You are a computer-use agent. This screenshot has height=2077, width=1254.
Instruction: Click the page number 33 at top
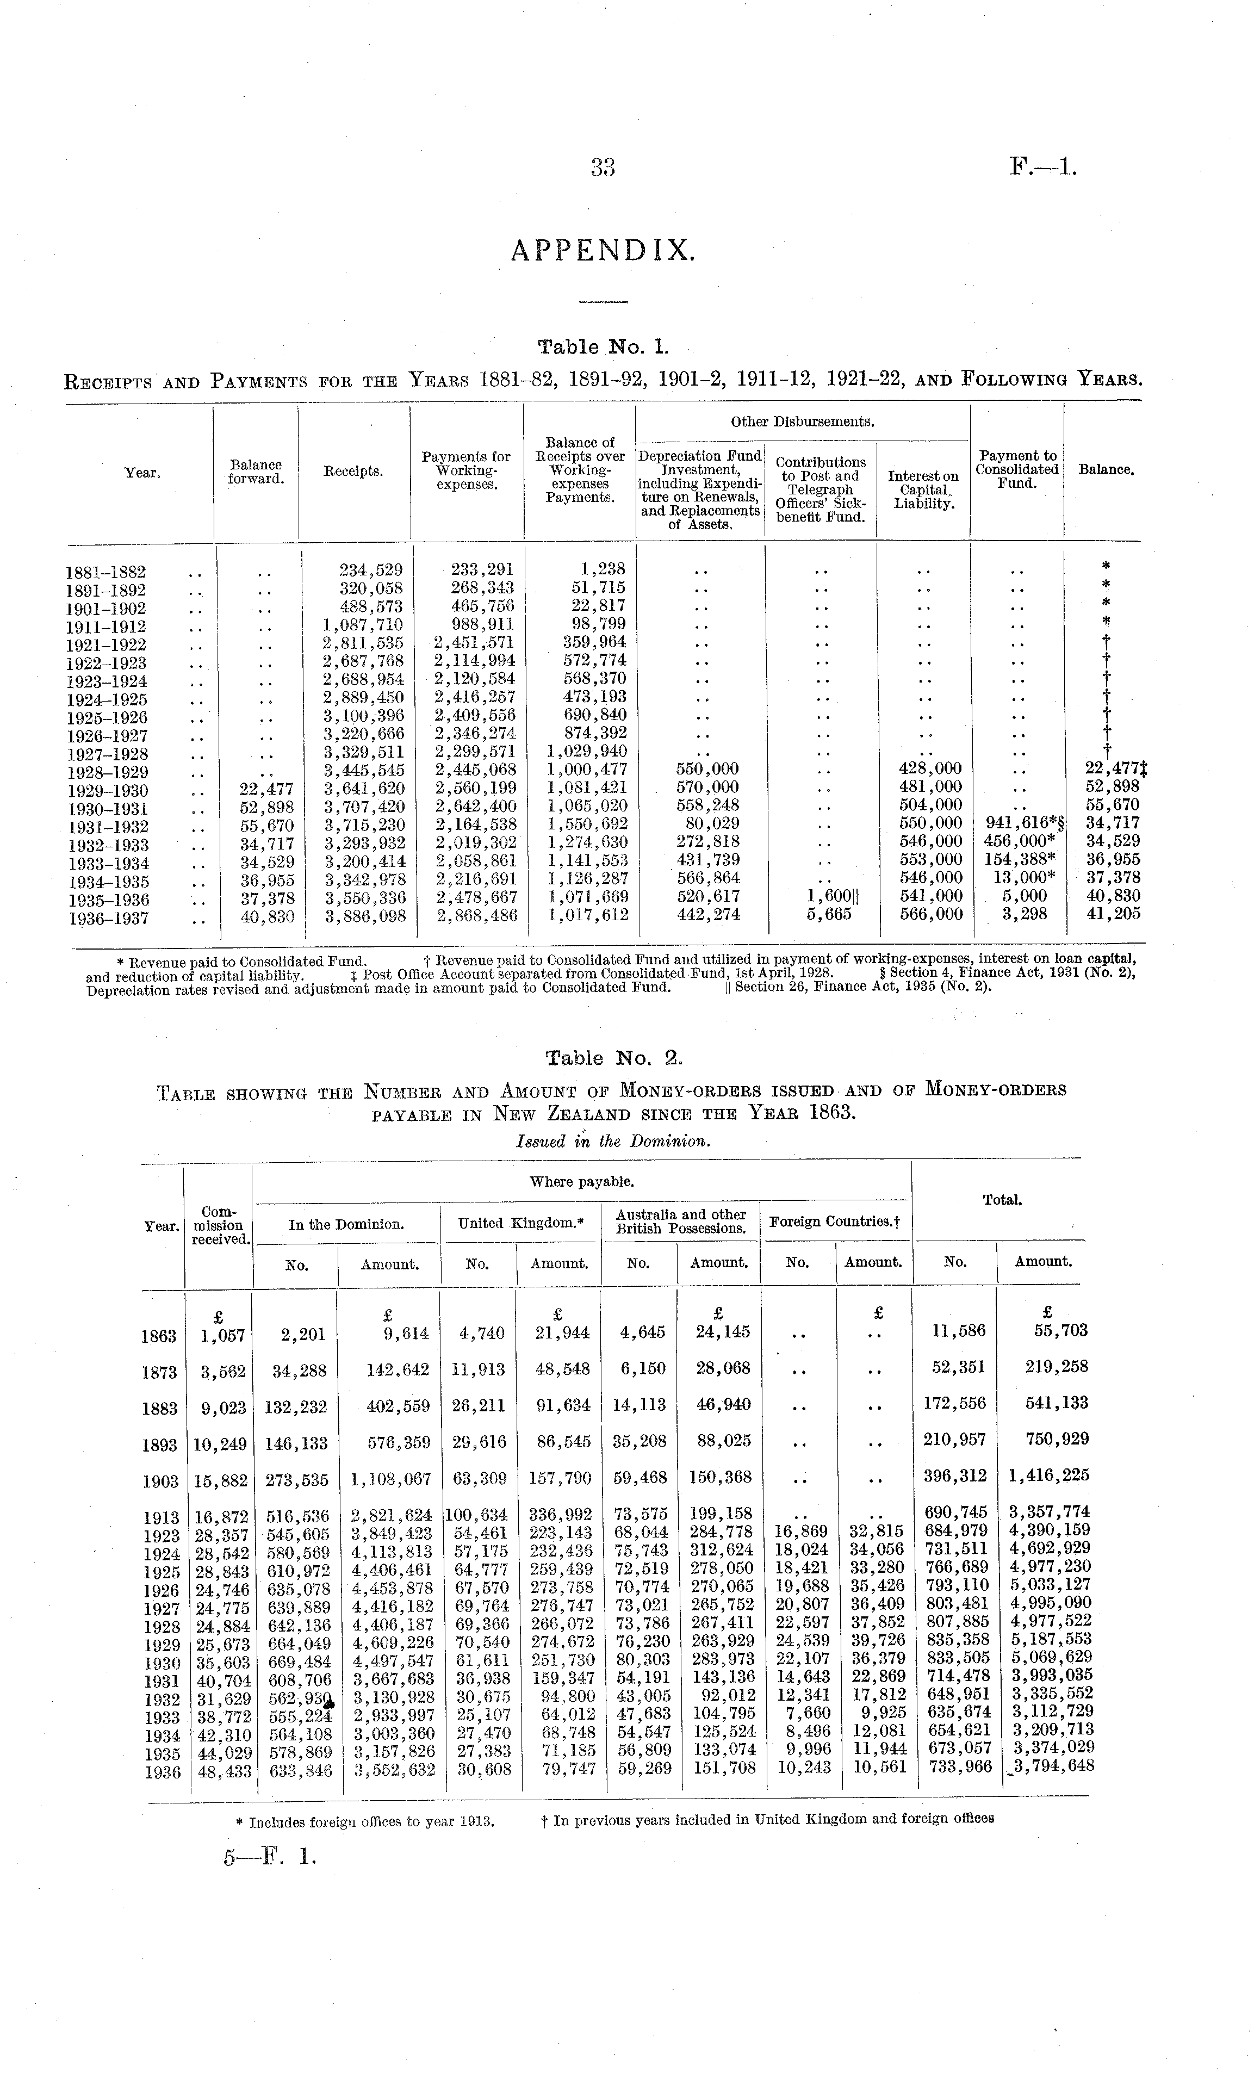[x=604, y=169]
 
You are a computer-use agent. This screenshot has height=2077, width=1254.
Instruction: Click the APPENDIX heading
[x=604, y=250]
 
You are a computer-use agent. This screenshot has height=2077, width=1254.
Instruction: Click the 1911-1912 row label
[x=105, y=627]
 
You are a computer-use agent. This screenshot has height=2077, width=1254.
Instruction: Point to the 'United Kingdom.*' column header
[x=520, y=1223]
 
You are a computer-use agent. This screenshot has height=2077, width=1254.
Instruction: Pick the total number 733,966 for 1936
[x=960, y=1766]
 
